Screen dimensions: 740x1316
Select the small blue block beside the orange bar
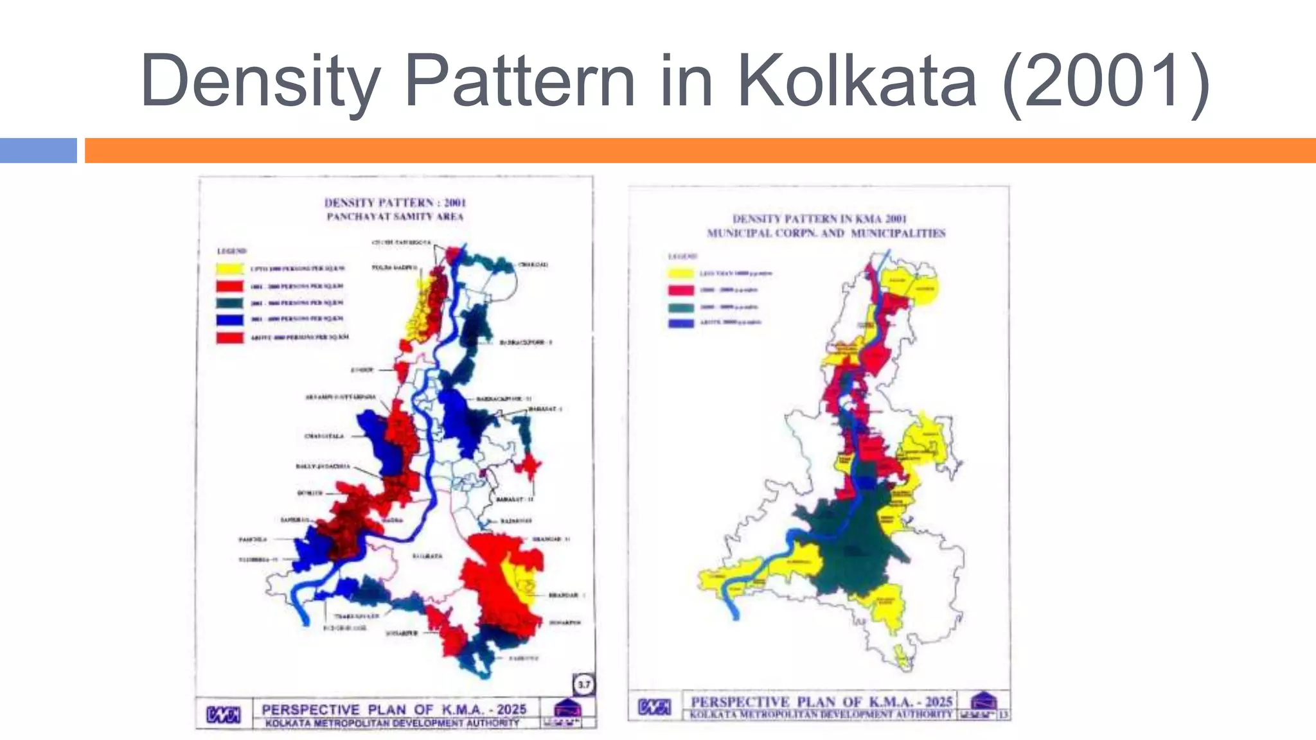click(x=38, y=150)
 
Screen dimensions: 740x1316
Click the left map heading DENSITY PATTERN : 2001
click(x=395, y=202)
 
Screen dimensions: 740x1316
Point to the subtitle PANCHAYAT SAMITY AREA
click(x=395, y=217)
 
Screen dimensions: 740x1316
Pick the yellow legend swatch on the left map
click(x=229, y=268)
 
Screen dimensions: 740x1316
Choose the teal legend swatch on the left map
click(x=229, y=303)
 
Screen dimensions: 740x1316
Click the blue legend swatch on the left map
click(x=229, y=319)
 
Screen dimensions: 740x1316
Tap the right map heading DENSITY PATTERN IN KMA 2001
click(x=819, y=219)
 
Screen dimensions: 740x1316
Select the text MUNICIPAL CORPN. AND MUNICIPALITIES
click(x=826, y=233)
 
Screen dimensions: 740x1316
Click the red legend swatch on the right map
click(x=680, y=290)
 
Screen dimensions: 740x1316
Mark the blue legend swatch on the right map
click(x=680, y=322)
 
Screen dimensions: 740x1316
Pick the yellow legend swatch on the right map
click(x=680, y=274)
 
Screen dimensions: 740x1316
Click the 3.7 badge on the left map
click(x=583, y=685)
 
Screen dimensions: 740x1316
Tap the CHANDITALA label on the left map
click(x=324, y=436)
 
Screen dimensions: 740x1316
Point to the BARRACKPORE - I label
click(x=526, y=342)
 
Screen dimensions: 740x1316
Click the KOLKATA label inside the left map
click(x=427, y=556)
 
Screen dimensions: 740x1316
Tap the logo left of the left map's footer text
click(x=224, y=714)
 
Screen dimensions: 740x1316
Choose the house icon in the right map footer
click(x=983, y=700)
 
